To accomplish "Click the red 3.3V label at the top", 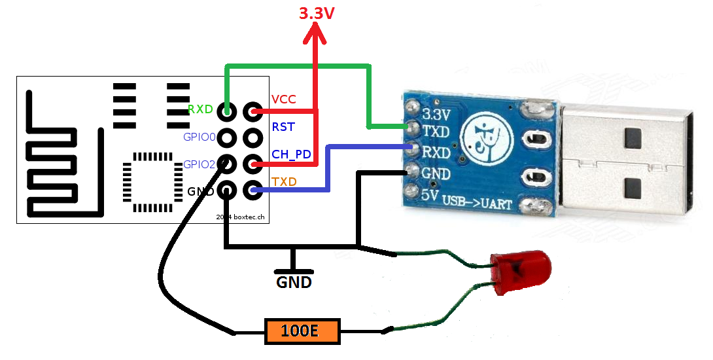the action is coord(317,13).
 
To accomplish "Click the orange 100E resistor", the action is coord(302,331).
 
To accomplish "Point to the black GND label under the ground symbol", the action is coord(294,282).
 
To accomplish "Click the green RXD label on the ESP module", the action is coord(201,109).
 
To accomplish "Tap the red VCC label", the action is coord(283,99).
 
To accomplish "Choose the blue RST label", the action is coord(283,127).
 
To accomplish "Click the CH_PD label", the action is coord(292,154).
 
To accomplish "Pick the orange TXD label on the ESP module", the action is coord(284,182).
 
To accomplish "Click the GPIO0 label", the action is coord(199,137).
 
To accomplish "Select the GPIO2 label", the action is coord(199,164).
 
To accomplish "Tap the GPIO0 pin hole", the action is coord(227,137).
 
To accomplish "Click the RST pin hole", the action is coord(253,137).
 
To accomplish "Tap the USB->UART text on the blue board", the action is coord(477,202).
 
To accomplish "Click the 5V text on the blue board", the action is coord(429,195).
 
